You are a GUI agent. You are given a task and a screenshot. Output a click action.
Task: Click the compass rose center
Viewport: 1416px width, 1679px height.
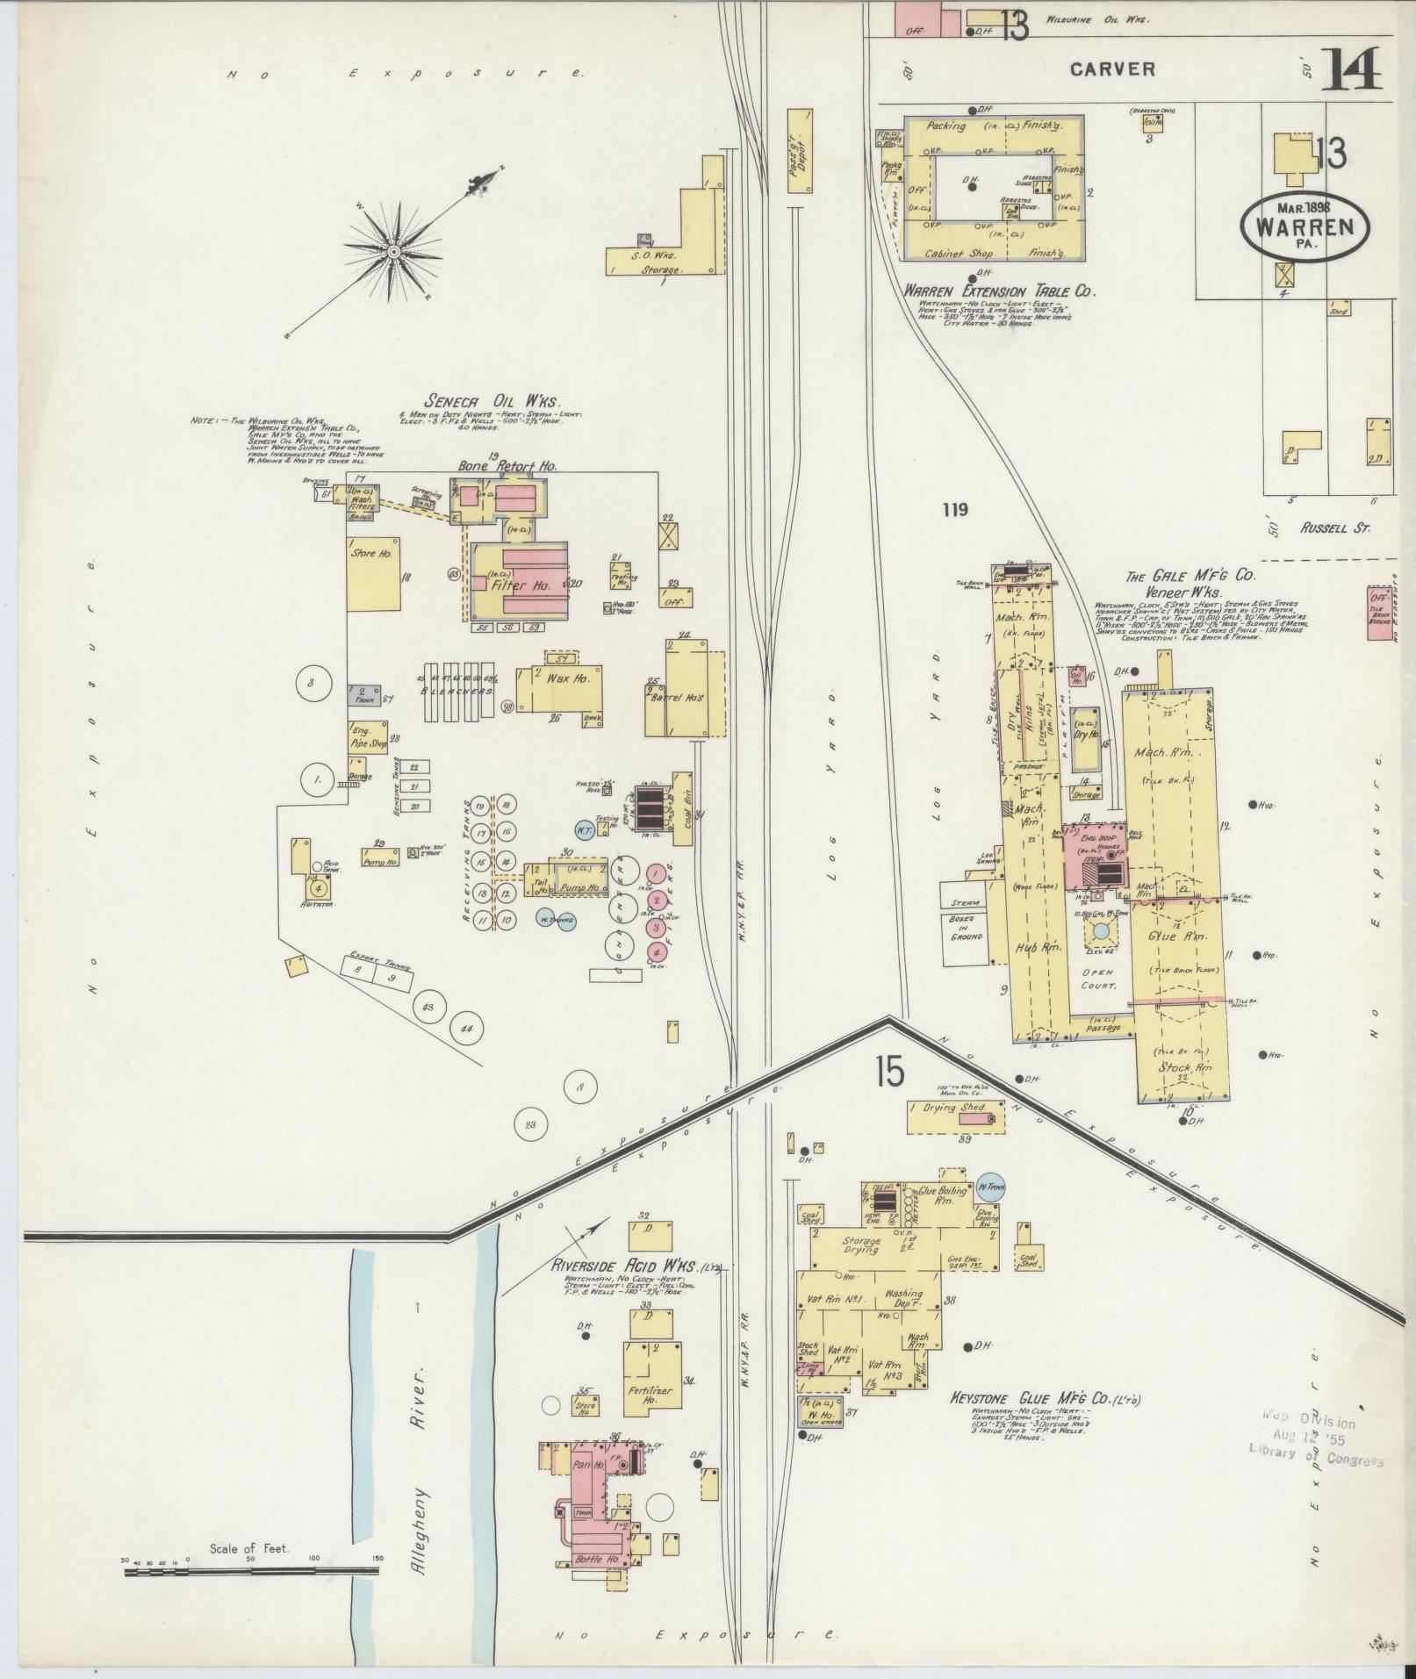click(x=394, y=252)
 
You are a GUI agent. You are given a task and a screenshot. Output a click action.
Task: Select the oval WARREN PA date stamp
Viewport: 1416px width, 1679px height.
click(x=1306, y=226)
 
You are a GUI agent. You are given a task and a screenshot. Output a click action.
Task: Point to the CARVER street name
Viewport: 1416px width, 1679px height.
click(x=1112, y=69)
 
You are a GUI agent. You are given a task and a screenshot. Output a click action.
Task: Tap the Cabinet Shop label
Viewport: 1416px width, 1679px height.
click(x=958, y=255)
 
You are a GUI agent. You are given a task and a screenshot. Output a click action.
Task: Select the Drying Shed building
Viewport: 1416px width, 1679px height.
click(x=959, y=1115)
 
